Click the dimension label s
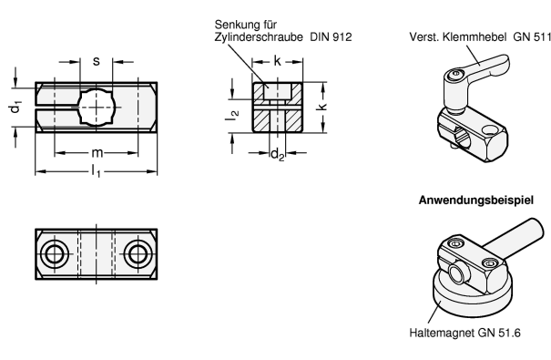[96, 61]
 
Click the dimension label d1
[15, 107]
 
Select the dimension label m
[97, 153]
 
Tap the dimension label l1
[96, 171]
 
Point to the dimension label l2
[232, 115]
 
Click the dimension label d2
[277, 154]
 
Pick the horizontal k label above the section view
[277, 61]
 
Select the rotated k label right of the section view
[321, 107]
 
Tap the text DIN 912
[331, 37]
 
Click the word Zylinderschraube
[259, 37]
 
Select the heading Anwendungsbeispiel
[476, 200]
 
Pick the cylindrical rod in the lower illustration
[514, 236]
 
